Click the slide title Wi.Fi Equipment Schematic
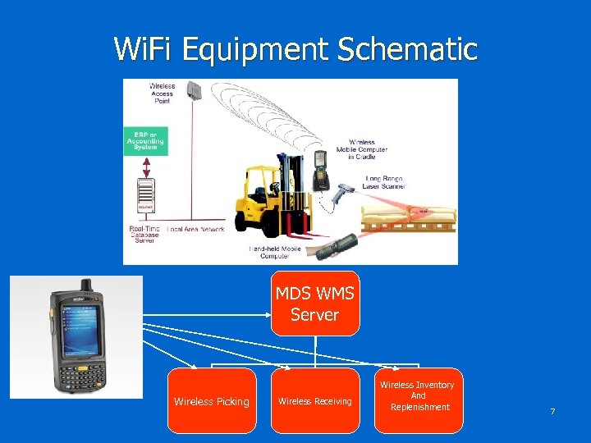295,49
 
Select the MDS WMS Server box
315,304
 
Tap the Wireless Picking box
212,401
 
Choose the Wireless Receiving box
315,401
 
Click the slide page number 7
552,411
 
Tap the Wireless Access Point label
162,94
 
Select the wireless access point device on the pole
195,89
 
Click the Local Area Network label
195,229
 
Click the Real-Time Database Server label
145,234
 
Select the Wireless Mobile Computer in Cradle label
368,149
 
